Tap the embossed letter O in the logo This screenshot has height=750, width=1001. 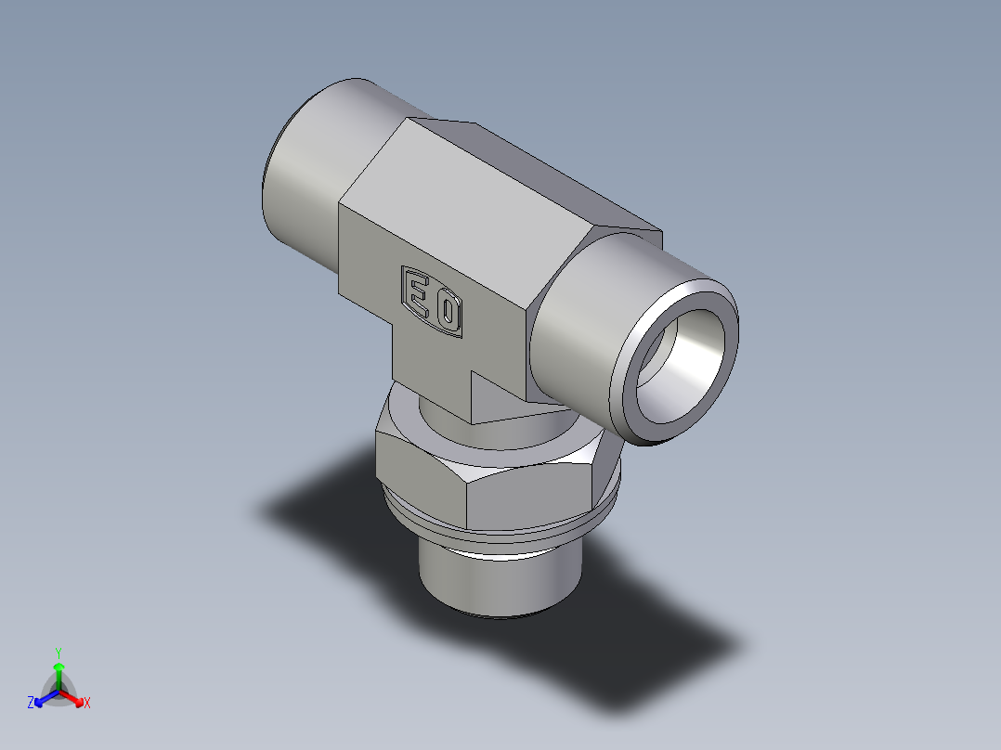pos(448,312)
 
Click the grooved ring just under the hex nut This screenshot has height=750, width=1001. pos(501,537)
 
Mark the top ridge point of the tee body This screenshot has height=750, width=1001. pos(475,123)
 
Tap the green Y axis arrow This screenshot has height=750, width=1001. pos(58,670)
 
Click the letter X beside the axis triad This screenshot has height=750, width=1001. pos(87,704)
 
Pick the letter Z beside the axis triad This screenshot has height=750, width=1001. pos(31,704)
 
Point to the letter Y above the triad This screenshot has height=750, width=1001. pos(58,653)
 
